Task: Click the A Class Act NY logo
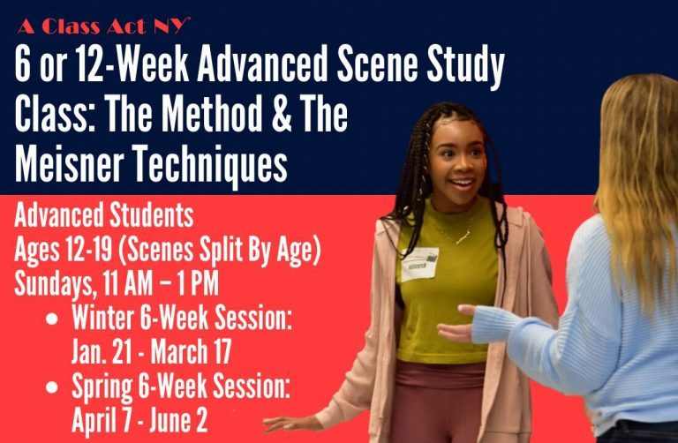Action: coord(104,26)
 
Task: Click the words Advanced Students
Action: coord(104,215)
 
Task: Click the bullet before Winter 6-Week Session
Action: coord(52,319)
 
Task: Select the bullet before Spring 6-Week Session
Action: coord(52,387)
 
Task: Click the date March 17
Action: coord(191,352)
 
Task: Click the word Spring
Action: coord(102,387)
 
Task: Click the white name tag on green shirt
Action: coord(418,264)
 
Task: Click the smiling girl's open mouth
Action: coord(462,184)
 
